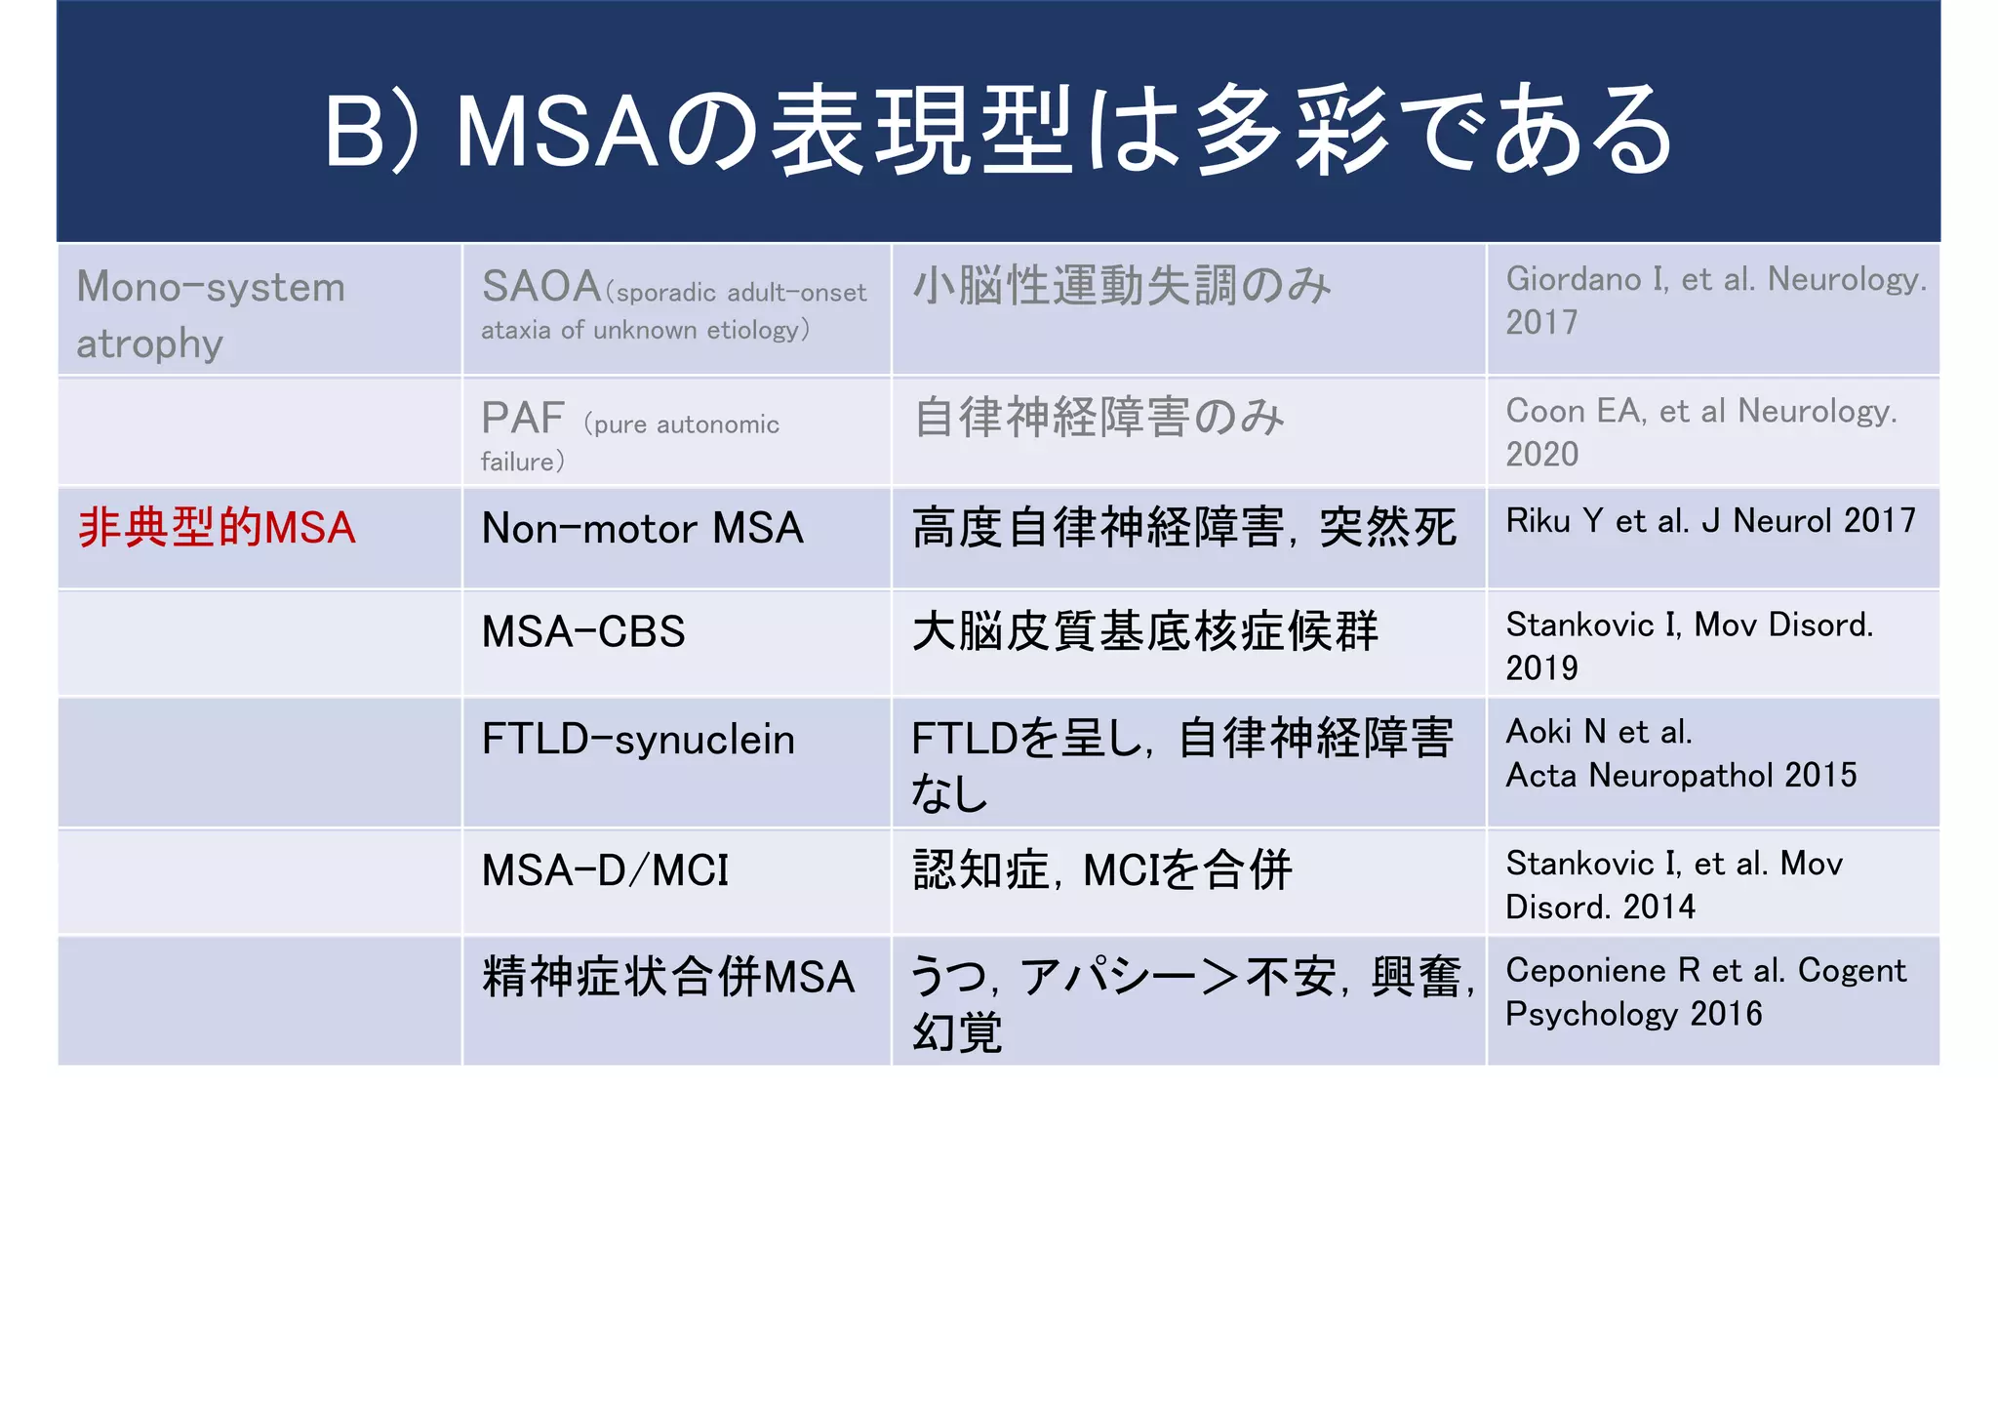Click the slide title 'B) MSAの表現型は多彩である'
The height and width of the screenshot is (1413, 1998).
(998, 132)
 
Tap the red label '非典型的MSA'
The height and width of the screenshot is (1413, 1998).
(217, 528)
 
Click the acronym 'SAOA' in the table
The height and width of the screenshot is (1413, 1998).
(541, 287)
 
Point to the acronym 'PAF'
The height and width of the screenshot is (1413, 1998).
(523, 419)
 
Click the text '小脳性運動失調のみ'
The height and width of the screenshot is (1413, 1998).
(1122, 287)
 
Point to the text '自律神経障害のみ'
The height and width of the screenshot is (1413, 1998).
(1099, 418)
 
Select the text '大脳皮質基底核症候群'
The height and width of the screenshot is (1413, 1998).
(1145, 631)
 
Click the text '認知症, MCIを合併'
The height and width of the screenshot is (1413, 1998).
(1102, 870)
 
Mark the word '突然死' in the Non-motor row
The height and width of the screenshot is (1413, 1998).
(1387, 528)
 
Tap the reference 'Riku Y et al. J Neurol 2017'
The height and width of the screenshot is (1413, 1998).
(1710, 521)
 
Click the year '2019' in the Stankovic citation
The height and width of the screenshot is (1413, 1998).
(1541, 668)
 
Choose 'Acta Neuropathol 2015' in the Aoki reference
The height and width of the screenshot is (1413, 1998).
(1681, 776)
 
